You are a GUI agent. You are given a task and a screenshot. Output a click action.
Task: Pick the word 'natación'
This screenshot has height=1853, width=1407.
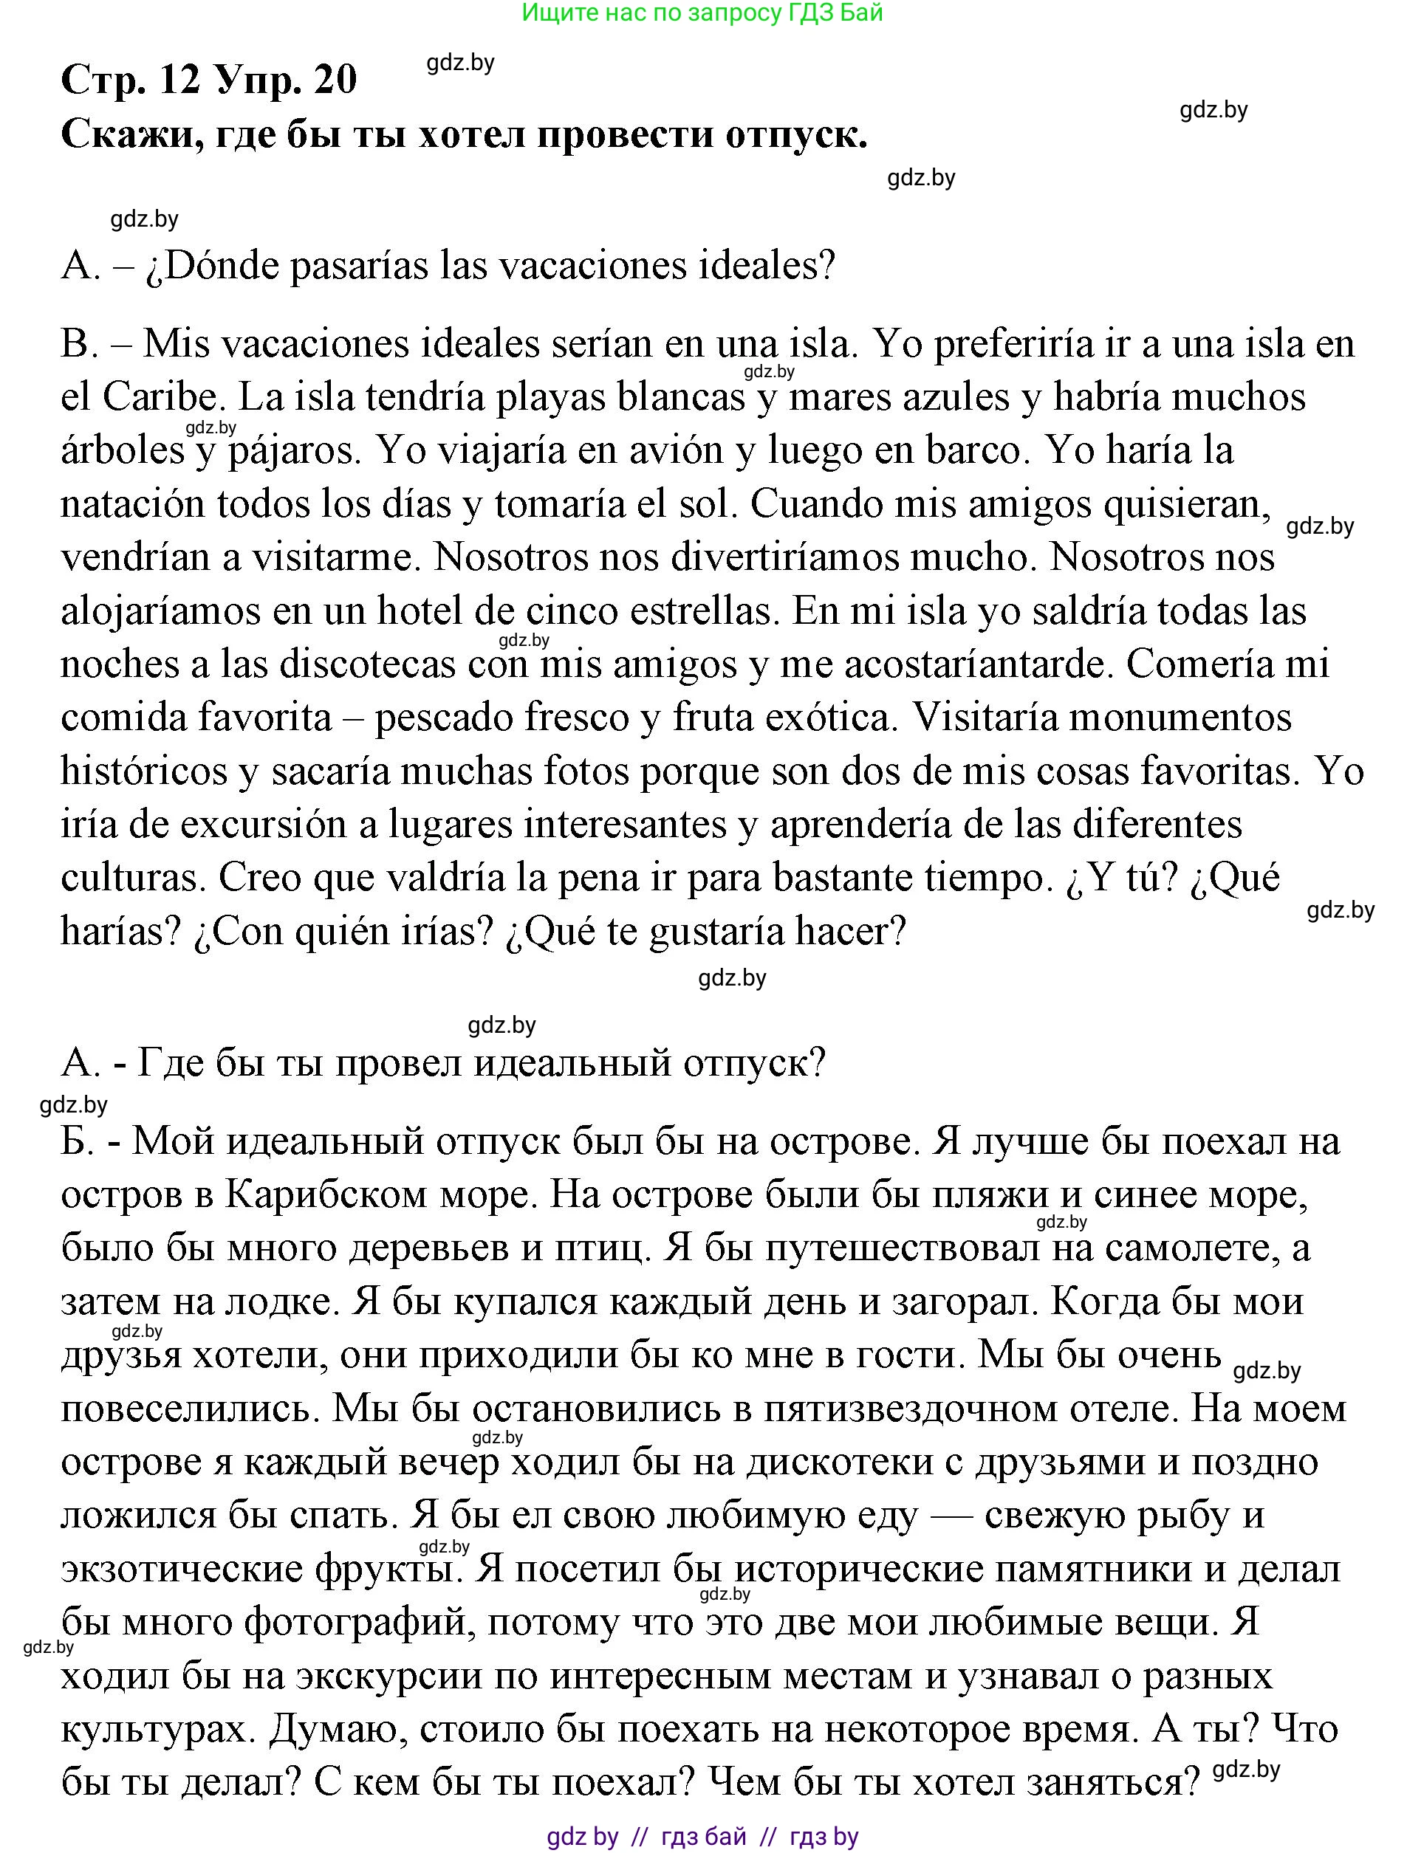click(132, 504)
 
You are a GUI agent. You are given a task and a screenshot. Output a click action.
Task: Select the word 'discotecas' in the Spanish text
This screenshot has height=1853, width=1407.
click(368, 664)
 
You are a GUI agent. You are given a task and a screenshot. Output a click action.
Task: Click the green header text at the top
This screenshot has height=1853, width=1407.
click(702, 13)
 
